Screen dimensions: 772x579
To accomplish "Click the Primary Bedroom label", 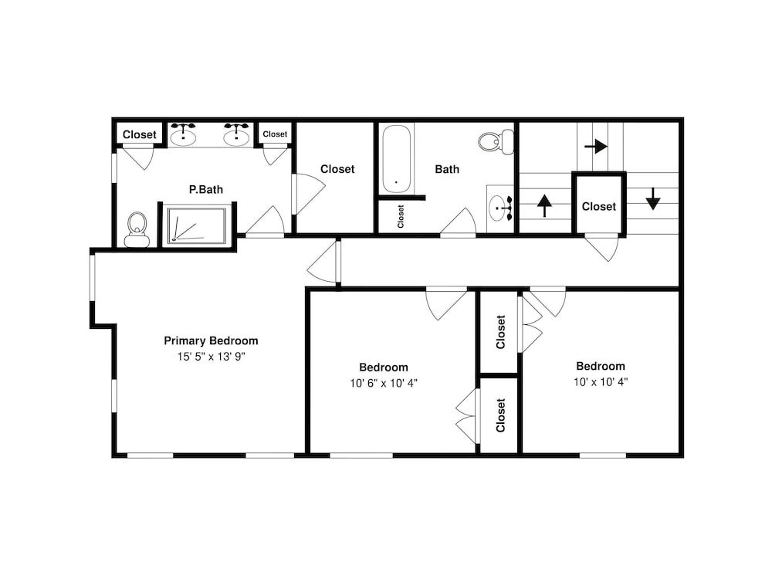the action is click(x=211, y=340).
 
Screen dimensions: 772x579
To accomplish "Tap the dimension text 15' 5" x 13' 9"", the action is click(x=212, y=357).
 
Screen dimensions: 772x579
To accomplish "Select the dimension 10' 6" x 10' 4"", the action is click(x=384, y=383).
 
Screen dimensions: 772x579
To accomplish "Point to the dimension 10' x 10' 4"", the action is click(x=601, y=381).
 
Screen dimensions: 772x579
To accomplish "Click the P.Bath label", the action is click(x=206, y=190).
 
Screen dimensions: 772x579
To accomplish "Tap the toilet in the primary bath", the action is click(x=137, y=229).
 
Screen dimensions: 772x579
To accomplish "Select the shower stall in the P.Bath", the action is click(x=197, y=225).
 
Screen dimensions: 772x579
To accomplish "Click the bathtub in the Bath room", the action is click(x=397, y=159).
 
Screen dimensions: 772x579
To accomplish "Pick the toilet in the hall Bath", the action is click(x=496, y=142).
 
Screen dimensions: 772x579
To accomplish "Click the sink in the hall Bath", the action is click(x=499, y=208).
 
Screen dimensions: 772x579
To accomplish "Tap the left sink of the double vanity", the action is click(x=183, y=134).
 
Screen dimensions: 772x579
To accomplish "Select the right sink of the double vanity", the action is click(x=236, y=134).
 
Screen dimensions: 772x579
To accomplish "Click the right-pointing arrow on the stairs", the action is click(x=596, y=146).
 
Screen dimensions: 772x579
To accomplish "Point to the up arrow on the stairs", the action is click(x=544, y=206).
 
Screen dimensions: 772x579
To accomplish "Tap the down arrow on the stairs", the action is click(x=653, y=199).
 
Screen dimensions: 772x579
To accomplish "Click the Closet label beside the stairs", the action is click(x=599, y=207).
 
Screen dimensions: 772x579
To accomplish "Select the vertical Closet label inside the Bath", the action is click(x=400, y=217).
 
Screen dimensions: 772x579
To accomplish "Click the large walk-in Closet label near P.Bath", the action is click(x=337, y=169).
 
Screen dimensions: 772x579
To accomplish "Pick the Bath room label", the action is click(x=447, y=169).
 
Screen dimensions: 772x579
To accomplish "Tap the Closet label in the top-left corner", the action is click(x=139, y=134).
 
